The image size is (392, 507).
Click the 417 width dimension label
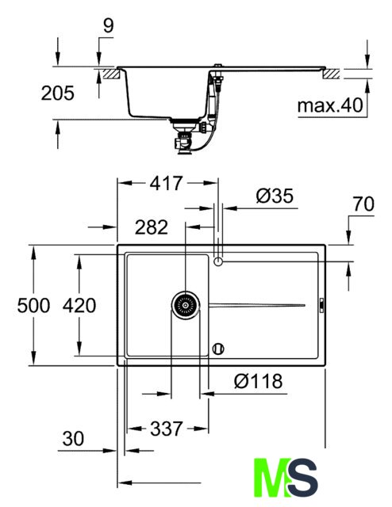166,183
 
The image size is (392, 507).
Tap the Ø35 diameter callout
275,196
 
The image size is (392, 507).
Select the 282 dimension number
152,227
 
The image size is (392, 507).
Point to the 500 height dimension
33,306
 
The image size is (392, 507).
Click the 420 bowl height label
79,306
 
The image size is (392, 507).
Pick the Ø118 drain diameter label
258,381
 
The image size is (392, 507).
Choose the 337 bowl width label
167,429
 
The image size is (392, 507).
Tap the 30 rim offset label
73,439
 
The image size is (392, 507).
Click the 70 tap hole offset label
363,204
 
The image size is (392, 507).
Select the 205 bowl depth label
58,93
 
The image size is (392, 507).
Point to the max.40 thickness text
330,105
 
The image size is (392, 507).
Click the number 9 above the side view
109,25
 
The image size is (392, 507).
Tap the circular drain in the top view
186,305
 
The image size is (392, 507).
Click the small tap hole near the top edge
218,261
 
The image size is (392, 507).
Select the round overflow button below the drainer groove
218,349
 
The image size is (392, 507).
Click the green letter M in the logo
271,477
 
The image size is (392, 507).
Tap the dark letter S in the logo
303,477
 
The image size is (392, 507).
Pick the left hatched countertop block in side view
112,74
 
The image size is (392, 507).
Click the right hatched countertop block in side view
332,74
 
